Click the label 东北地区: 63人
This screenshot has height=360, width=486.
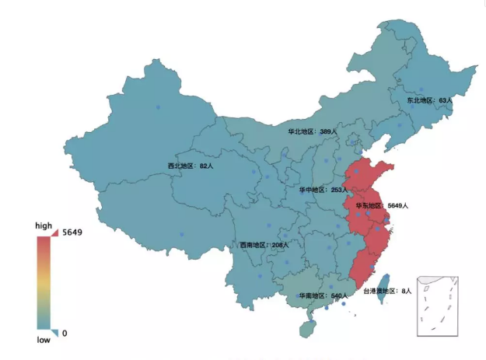point(429,101)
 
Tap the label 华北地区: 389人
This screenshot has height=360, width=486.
point(313,132)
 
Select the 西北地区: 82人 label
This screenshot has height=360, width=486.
point(191,166)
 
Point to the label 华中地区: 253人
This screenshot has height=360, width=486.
point(323,190)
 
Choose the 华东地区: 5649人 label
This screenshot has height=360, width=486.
point(382,205)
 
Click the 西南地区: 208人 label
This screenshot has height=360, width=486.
point(264,245)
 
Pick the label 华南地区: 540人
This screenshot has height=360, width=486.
point(322,296)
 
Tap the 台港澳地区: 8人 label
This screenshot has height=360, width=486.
point(386,291)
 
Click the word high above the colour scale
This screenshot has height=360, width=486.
point(44,225)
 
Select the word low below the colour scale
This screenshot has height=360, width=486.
point(44,340)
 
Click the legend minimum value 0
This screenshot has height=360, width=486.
point(64,333)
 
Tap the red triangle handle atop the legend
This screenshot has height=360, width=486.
point(54,232)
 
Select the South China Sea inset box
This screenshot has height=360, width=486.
point(439,305)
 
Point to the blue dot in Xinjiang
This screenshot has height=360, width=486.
point(158,107)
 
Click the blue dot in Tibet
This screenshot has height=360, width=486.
point(181,234)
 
